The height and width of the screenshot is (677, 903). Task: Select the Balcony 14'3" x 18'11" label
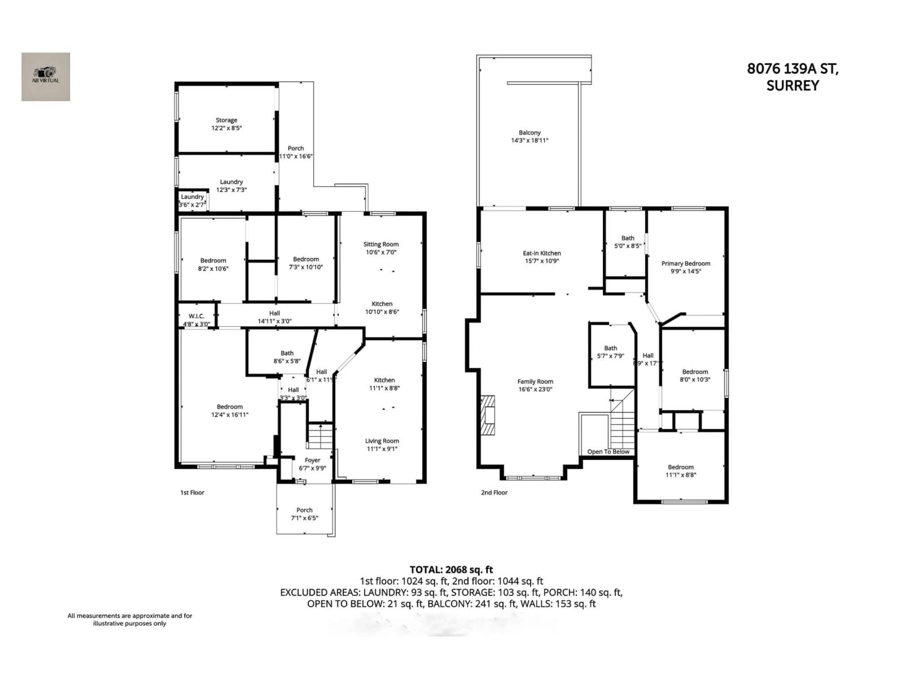(x=530, y=136)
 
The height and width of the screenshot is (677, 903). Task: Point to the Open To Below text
(x=608, y=452)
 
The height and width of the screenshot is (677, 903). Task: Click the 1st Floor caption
(x=192, y=492)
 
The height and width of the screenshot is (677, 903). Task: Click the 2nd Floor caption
(x=494, y=492)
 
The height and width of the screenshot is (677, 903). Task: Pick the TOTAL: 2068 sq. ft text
(x=451, y=570)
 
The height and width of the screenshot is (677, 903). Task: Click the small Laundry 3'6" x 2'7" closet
(x=192, y=200)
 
